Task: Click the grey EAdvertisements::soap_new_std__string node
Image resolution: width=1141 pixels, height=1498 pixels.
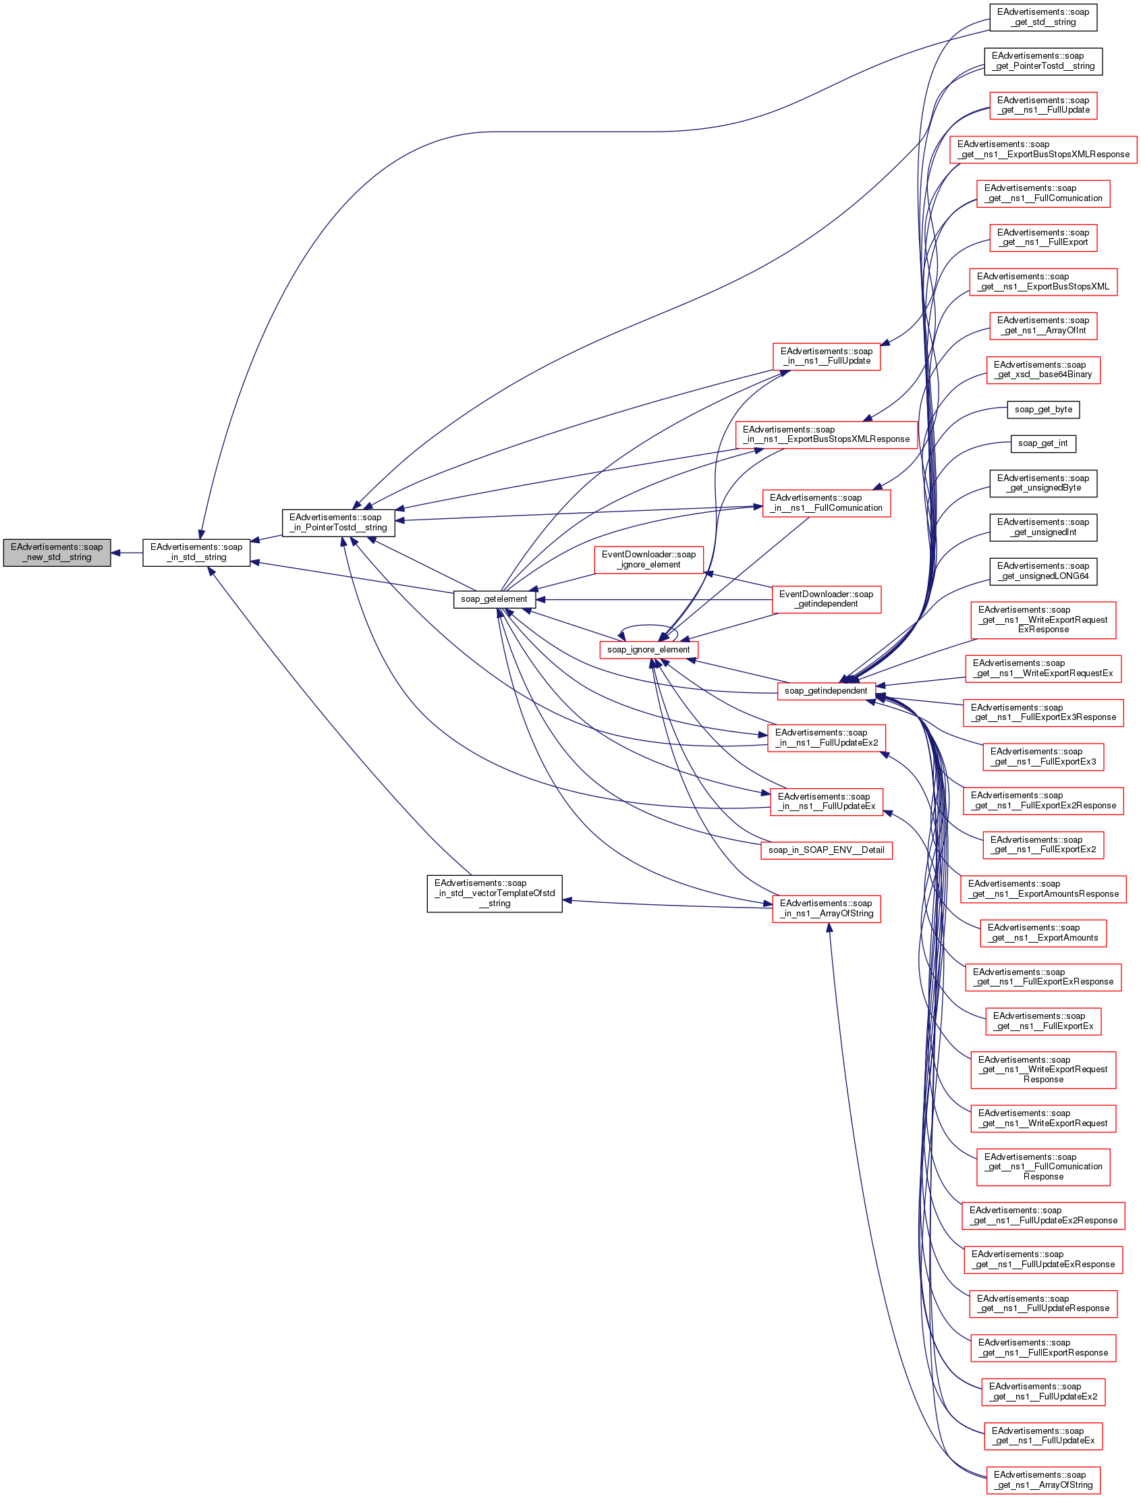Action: click(x=57, y=553)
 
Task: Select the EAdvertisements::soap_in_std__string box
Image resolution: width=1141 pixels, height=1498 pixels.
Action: click(x=196, y=553)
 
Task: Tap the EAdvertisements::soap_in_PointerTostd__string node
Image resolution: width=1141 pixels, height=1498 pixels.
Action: click(x=338, y=523)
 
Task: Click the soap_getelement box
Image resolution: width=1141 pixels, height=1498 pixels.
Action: click(x=494, y=600)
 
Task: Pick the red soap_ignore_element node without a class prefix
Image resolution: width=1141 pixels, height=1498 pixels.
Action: click(x=648, y=650)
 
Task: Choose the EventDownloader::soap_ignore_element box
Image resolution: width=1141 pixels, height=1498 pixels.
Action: click(x=648, y=559)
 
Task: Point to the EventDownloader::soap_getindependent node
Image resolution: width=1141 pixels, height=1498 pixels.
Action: click(x=827, y=599)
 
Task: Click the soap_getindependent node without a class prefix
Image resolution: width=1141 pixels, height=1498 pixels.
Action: click(x=826, y=691)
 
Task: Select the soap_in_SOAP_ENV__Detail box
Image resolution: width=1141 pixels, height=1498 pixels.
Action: click(x=826, y=850)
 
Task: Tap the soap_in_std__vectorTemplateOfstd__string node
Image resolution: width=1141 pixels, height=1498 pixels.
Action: click(x=495, y=893)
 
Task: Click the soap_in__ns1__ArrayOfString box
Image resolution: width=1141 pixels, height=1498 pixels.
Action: click(x=827, y=908)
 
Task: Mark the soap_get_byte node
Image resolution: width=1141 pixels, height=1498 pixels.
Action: click(x=1043, y=410)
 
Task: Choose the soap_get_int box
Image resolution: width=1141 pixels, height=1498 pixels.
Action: click(x=1043, y=443)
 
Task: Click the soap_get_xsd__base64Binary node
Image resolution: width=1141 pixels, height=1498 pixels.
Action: click(x=1043, y=370)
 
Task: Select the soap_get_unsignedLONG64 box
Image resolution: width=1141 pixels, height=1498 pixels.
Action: click(x=1043, y=571)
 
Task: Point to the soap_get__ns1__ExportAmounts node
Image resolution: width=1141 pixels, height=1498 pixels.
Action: click(x=1043, y=933)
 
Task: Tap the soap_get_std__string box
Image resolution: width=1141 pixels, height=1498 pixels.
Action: click(x=1043, y=17)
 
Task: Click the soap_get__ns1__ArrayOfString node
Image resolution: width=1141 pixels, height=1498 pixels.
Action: click(x=1043, y=1480)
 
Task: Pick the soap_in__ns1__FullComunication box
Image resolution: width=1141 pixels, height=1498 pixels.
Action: click(x=826, y=503)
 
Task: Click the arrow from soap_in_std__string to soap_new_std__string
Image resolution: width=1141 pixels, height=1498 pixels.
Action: click(x=127, y=553)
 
